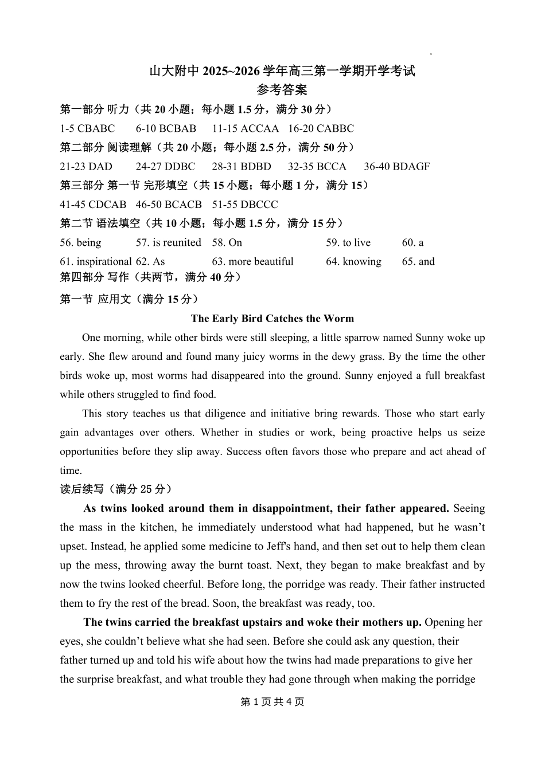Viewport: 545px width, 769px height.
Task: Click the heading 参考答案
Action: click(282, 90)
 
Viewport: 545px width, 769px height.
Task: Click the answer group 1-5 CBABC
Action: click(87, 128)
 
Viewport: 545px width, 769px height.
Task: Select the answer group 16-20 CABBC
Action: click(321, 128)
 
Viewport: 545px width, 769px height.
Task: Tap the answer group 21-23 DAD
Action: click(86, 167)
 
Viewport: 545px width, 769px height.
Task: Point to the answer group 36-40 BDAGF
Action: click(396, 167)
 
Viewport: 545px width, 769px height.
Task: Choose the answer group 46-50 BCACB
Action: click(169, 205)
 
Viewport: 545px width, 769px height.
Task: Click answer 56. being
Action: click(80, 242)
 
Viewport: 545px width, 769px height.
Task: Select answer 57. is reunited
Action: click(169, 242)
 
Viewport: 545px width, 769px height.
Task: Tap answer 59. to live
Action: click(348, 242)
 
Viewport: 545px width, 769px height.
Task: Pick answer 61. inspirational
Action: click(96, 261)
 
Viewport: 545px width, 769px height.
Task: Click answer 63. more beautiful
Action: click(252, 261)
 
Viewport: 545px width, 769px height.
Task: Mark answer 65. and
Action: click(418, 261)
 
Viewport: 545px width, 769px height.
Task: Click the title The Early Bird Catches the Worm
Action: click(272, 319)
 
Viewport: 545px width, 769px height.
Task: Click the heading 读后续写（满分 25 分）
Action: click(116, 489)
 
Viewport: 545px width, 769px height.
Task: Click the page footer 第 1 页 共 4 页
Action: click(272, 702)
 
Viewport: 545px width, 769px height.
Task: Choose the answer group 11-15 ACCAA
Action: click(245, 128)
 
